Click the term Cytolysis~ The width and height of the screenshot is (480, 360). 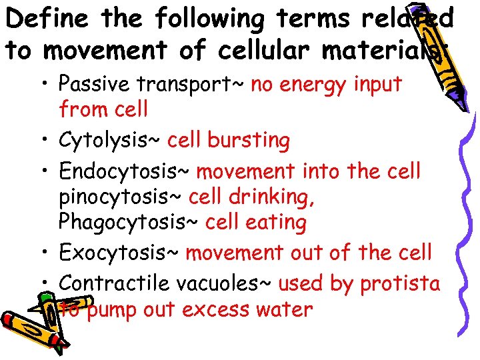111,141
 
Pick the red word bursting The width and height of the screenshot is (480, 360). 249,141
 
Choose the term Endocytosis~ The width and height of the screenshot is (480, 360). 125,171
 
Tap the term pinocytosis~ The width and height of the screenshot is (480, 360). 121,198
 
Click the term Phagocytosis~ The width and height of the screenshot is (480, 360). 129,223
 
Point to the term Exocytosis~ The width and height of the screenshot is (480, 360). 119,253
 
